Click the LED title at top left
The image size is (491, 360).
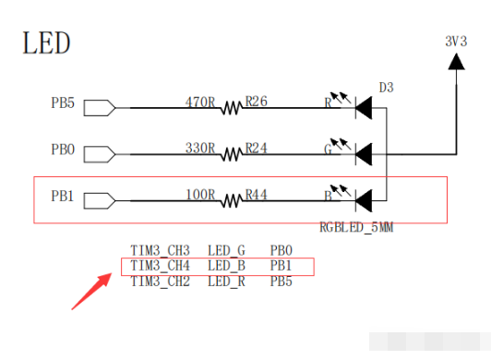(46, 43)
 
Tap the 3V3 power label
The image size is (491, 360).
(456, 42)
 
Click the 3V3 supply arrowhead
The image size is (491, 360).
(456, 62)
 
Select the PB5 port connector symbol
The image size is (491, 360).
(100, 108)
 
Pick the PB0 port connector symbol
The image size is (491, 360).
(100, 154)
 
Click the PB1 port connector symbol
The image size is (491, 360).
(100, 200)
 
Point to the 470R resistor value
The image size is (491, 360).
(200, 102)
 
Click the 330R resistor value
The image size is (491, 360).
(200, 148)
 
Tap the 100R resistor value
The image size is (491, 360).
(200, 195)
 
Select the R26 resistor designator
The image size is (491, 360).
(257, 102)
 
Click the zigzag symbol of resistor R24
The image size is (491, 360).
(232, 154)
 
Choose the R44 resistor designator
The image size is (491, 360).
(257, 195)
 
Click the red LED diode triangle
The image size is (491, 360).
(364, 108)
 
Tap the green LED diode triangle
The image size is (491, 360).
(364, 154)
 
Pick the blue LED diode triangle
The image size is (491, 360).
(364, 200)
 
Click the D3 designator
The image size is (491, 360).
(386, 88)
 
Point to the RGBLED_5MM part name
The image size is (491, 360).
(356, 227)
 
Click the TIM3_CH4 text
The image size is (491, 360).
(160, 266)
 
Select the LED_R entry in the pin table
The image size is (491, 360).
(226, 282)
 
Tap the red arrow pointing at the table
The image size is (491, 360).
(91, 292)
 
